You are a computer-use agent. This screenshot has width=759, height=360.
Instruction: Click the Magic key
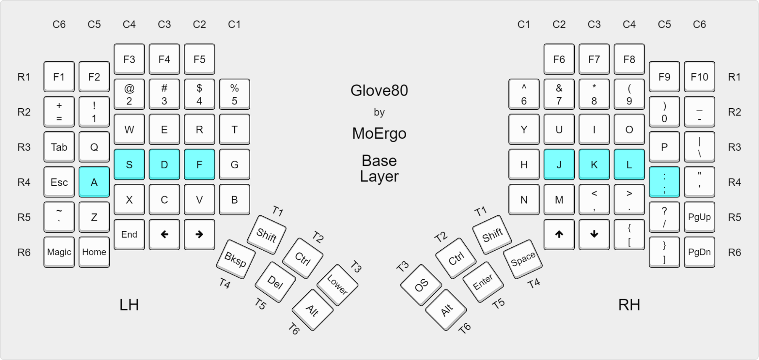59,252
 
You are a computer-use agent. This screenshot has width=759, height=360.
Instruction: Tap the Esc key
59,182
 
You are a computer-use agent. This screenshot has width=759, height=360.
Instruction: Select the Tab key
59,147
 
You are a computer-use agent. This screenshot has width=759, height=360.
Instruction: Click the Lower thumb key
337,285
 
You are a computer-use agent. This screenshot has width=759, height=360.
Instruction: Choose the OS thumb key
421,285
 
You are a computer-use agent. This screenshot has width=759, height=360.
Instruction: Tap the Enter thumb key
483,282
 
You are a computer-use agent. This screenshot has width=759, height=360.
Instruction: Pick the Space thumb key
523,259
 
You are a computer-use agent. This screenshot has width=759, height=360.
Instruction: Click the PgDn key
699,252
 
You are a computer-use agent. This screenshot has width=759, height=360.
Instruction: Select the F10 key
699,77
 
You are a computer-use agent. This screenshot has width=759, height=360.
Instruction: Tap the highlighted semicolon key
664,182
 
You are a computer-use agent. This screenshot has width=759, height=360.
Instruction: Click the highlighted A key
94,182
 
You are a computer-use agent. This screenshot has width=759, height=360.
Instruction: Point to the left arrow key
164,234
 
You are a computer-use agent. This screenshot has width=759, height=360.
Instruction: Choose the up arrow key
559,234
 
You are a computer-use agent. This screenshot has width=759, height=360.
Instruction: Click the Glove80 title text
379,91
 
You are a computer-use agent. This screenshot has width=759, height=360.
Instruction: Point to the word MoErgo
379,134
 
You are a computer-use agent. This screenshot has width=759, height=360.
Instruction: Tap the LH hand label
129,305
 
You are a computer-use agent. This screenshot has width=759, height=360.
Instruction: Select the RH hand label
629,305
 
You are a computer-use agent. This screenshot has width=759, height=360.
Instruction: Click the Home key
94,252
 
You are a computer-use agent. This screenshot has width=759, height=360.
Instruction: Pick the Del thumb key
275,282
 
